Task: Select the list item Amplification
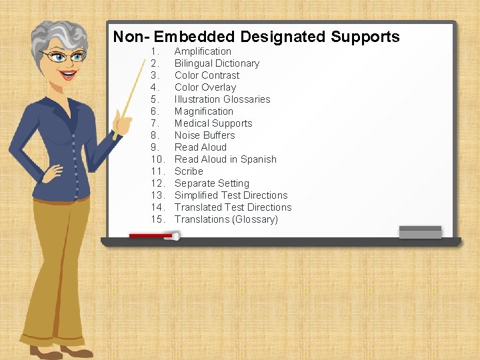[203, 51]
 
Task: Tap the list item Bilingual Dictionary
[217, 63]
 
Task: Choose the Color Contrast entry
[207, 75]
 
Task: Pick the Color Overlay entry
[205, 87]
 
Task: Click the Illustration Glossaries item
[222, 99]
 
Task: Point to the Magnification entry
[203, 111]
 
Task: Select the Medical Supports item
[213, 123]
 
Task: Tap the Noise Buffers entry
[205, 135]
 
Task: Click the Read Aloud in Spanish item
[225, 159]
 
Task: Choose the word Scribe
[189, 171]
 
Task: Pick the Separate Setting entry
[211, 183]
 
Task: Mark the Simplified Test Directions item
[231, 195]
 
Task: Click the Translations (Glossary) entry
[226, 219]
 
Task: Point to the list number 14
[157, 207]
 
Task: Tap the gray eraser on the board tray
[419, 231]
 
